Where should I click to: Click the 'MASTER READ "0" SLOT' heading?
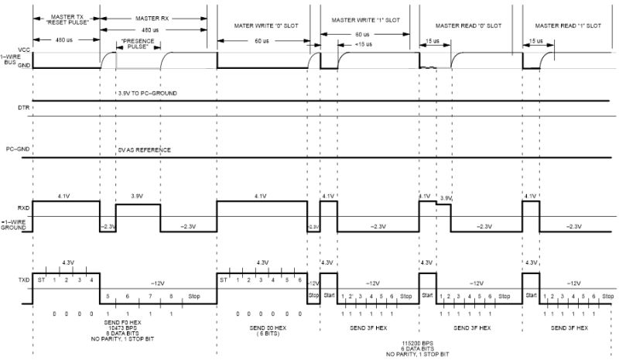pyautogui.click(x=468, y=26)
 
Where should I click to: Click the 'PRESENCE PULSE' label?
pyautogui.click(x=138, y=44)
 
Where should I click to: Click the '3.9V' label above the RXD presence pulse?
pyautogui.click(x=139, y=197)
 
